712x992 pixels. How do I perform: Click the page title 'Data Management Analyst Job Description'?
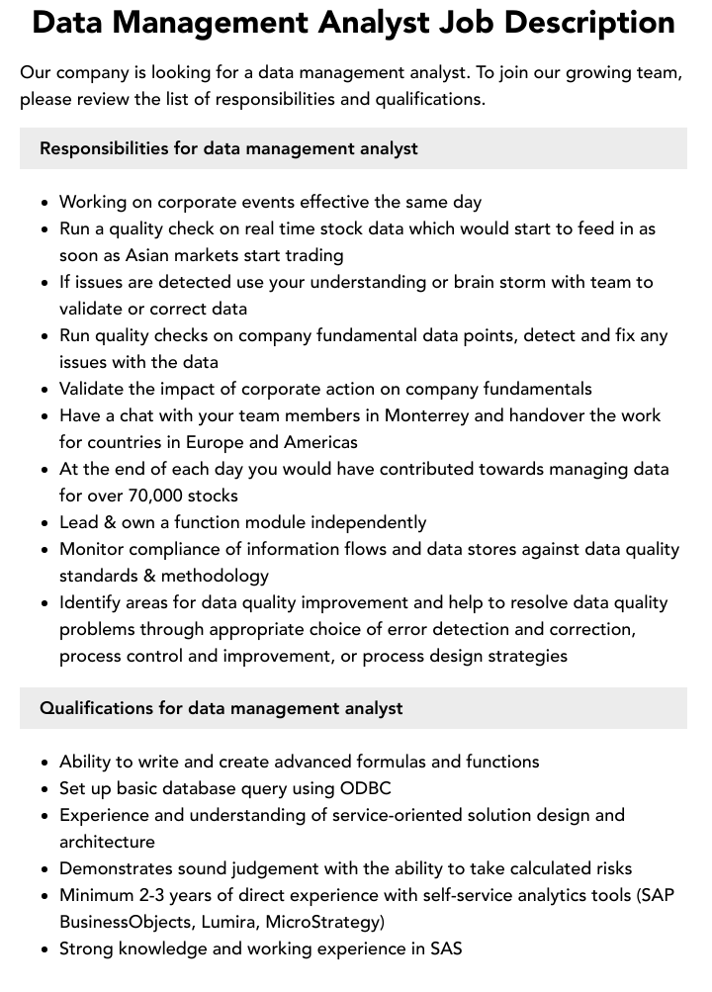[353, 22]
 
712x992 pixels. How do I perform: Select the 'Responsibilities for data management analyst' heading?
[228, 148]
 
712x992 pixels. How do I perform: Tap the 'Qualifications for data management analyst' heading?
[222, 708]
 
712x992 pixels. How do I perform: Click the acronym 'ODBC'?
[366, 788]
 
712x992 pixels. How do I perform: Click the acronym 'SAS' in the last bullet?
[446, 948]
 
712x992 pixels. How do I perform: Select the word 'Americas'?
[320, 442]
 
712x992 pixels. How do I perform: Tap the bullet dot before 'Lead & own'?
[45, 523]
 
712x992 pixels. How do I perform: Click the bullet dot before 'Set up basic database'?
[45, 789]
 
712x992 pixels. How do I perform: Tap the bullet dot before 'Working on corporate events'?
[45, 203]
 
